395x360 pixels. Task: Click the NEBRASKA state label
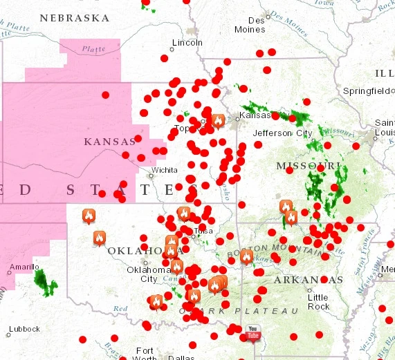coord(74,17)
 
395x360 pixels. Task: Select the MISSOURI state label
coord(308,166)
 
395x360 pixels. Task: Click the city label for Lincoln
coord(187,42)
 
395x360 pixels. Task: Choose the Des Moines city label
coord(250,25)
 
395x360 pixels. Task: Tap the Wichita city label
coord(165,169)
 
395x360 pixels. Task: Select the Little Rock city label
coord(318,301)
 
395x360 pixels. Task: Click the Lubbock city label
coord(24,329)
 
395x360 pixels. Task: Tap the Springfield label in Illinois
coord(369,91)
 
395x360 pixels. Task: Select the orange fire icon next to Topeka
coord(218,122)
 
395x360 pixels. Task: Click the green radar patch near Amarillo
coord(46,279)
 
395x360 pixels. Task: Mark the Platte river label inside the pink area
coord(93,49)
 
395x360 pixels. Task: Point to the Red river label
coord(121,308)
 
